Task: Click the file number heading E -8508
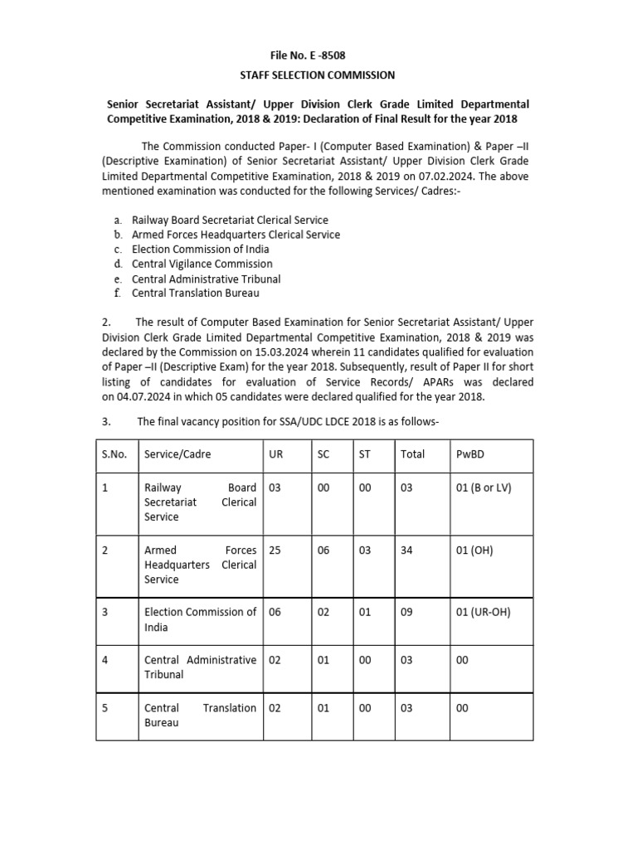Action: coord(318,56)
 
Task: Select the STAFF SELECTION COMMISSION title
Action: coord(318,75)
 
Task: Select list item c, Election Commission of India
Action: coord(200,249)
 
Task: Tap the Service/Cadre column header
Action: coord(177,454)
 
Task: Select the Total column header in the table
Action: coord(412,454)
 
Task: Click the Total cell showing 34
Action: coord(406,550)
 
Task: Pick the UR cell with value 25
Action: coord(275,550)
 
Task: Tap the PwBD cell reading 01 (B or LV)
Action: coord(484,488)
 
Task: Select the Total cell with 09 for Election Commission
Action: coord(406,613)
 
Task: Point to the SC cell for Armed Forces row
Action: coord(323,550)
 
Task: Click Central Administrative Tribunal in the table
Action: coord(200,667)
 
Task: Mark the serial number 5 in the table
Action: coord(105,708)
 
